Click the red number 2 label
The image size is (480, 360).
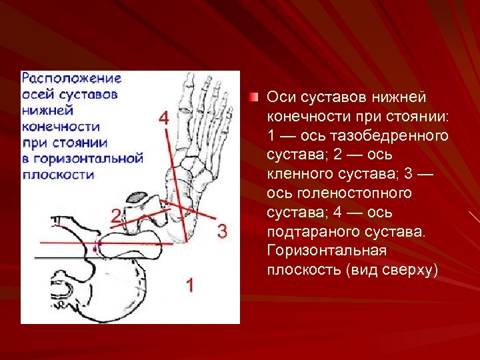pos(116,215)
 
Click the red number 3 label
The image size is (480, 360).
pos(222,232)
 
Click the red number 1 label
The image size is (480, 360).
pos(190,285)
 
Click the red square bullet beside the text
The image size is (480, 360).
pos(253,98)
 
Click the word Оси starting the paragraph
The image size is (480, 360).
pos(280,98)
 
